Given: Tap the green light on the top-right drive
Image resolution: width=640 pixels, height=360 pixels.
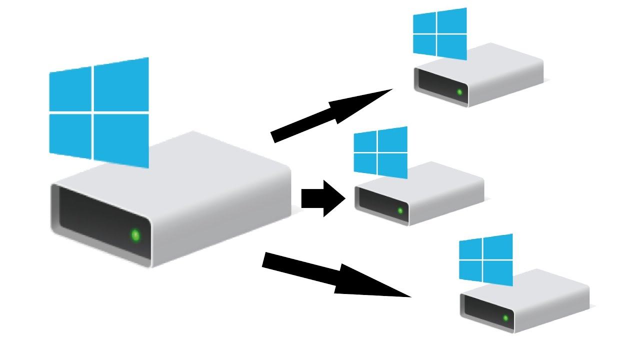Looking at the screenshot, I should click(459, 92).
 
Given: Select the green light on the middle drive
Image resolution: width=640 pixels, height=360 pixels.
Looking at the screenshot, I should click(400, 210).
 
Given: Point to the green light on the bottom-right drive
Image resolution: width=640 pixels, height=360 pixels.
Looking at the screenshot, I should click(505, 317).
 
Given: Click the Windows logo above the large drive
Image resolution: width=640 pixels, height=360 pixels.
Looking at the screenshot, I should click(99, 113).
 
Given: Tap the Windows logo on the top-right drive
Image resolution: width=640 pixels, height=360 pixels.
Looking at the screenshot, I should click(439, 33).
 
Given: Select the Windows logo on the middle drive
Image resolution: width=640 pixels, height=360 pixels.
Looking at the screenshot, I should click(380, 152).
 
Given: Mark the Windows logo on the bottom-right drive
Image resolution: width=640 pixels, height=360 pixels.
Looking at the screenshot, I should click(485, 259).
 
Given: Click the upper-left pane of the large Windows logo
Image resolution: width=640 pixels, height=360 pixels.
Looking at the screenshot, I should click(70, 89).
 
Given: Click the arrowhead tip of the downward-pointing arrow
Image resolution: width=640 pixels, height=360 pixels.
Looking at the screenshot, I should click(409, 296).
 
